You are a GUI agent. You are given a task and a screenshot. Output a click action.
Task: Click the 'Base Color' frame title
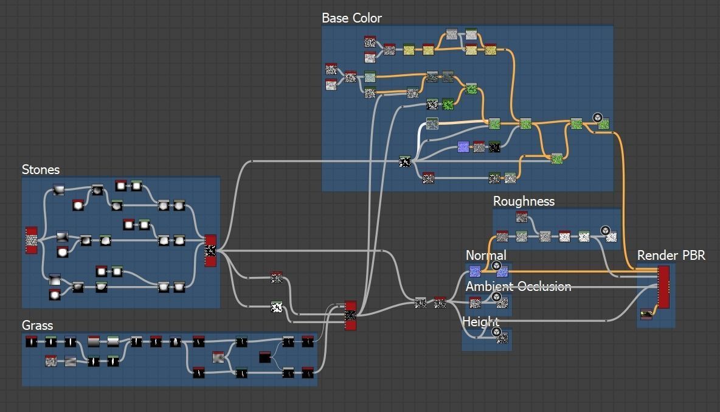pyautogui.click(x=351, y=18)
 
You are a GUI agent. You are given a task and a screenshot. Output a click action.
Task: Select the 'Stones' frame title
pyautogui.click(x=41, y=170)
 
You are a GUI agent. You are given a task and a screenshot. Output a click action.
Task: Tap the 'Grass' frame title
pyautogui.click(x=37, y=326)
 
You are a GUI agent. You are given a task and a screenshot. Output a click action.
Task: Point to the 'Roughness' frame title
pyautogui.click(x=524, y=201)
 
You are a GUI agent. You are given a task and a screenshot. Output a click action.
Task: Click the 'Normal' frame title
pyautogui.click(x=486, y=255)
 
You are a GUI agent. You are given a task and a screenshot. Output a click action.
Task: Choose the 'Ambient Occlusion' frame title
pyautogui.click(x=518, y=287)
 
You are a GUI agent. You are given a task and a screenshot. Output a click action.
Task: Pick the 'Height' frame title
pyautogui.click(x=480, y=321)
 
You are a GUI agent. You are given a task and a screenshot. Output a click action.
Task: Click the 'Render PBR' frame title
pyautogui.click(x=671, y=256)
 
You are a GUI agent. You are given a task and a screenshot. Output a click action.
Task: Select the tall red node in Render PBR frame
pyautogui.click(x=663, y=287)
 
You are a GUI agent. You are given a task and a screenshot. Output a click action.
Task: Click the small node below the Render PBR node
pyautogui.click(x=646, y=315)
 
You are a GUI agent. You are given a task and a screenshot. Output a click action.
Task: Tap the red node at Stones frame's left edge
pyautogui.click(x=31, y=240)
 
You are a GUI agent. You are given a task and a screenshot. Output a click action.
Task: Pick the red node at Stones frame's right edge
pyautogui.click(x=210, y=250)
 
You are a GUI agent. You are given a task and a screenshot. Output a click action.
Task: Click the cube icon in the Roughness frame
pyautogui.click(x=606, y=231)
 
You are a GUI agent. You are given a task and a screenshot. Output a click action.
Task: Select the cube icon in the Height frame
pyautogui.click(x=496, y=332)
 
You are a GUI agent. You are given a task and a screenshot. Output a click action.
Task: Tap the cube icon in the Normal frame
pyautogui.click(x=496, y=266)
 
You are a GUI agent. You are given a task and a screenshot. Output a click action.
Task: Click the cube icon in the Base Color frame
pyautogui.click(x=597, y=118)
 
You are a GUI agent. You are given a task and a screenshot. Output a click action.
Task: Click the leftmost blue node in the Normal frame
pyautogui.click(x=475, y=271)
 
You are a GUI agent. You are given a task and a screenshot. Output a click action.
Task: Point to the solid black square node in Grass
pyautogui.click(x=265, y=357)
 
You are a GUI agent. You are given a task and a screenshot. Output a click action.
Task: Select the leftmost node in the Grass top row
pyautogui.click(x=32, y=342)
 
